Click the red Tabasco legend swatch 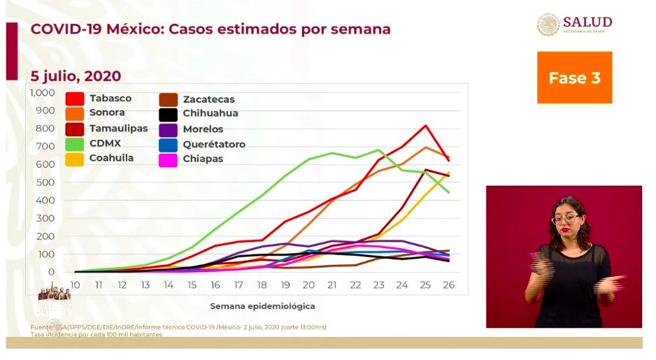(x=75, y=99)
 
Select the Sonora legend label (x=107, y=113)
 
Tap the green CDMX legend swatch (x=75, y=144)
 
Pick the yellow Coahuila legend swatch (x=75, y=159)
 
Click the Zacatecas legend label (x=208, y=99)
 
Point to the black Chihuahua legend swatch (x=168, y=114)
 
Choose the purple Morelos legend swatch (x=168, y=129)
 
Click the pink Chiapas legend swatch (x=168, y=159)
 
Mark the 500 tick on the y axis (x=45, y=182)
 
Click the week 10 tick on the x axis (x=75, y=285)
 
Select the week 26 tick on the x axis (x=448, y=285)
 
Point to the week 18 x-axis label (x=262, y=285)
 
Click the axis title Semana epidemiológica (x=262, y=306)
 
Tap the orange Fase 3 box (x=574, y=78)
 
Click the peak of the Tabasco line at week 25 (x=425, y=126)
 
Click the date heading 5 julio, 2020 (x=76, y=76)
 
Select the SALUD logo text (x=587, y=22)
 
